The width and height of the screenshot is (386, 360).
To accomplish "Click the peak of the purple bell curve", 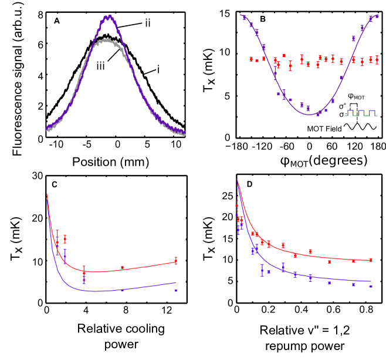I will [109, 17].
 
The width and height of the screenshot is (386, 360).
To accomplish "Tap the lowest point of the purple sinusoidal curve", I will [310, 114].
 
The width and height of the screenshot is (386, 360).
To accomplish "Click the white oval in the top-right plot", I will [350, 117].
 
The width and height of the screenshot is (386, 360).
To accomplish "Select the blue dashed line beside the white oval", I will [367, 110].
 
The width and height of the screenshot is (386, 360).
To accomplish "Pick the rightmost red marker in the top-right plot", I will [377, 60].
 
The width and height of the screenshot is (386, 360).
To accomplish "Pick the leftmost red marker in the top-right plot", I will [251, 59].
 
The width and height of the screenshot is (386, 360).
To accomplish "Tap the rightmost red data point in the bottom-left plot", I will [176, 261].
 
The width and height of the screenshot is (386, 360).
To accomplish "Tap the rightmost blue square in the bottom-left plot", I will [176, 290].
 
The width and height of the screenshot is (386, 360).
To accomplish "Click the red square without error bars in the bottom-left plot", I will [122, 267].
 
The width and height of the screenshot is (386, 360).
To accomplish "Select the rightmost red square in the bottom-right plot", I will [371, 260].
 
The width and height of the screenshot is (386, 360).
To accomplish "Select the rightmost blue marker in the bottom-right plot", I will [371, 286].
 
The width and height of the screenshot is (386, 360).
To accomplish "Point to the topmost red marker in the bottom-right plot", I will [237, 204].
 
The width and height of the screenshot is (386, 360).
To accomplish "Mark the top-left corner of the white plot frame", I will [25, 12].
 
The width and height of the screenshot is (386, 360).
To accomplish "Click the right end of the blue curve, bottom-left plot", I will [176, 282].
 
